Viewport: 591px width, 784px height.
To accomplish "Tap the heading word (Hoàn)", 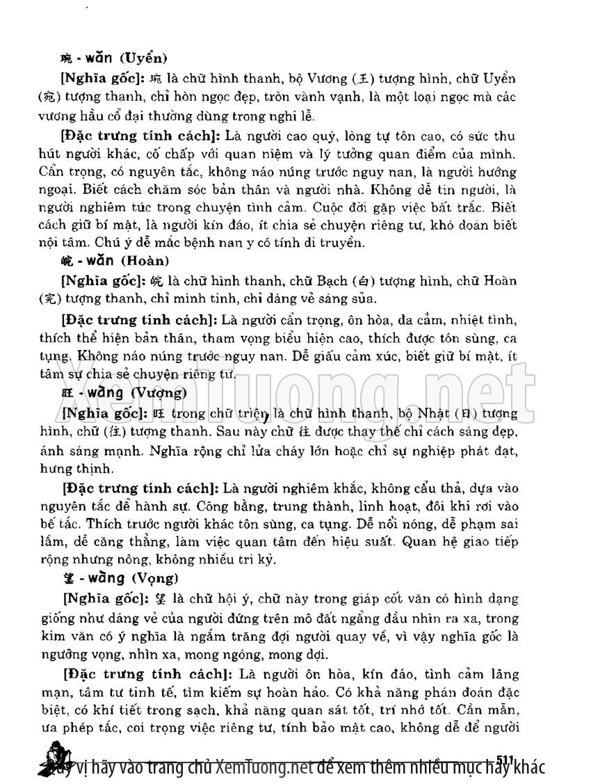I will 145,262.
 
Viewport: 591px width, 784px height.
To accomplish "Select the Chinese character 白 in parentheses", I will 362,281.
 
